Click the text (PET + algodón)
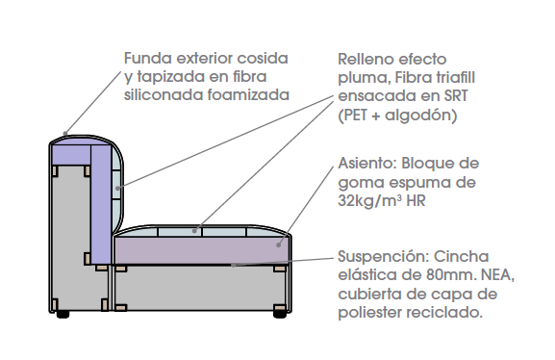click(x=395, y=116)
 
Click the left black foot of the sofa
click(x=63, y=314)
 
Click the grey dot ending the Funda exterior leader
click(x=64, y=134)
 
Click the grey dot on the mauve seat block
click(x=281, y=244)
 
